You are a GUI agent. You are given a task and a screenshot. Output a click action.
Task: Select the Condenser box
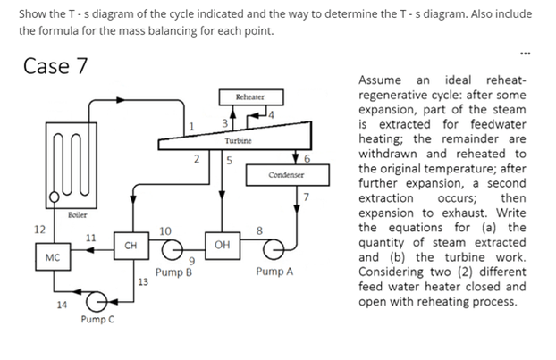[282, 174]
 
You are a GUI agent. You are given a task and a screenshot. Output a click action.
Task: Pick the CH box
[130, 244]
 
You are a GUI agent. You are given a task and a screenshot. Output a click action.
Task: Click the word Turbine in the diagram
[237, 141]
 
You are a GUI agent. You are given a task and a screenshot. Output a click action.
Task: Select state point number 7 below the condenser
[305, 196]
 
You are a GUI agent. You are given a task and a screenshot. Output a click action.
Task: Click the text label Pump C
[96, 320]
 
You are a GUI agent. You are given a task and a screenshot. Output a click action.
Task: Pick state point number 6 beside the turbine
[307, 158]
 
